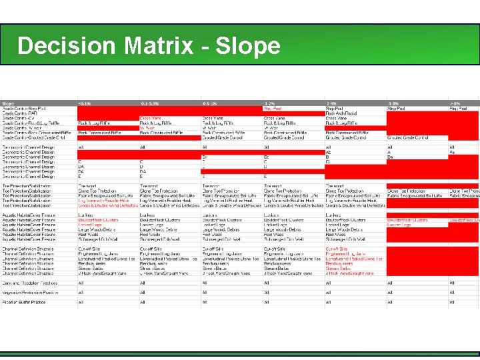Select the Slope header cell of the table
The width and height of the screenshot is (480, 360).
(9, 103)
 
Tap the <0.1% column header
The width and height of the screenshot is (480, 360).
(85, 103)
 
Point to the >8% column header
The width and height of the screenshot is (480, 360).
(455, 103)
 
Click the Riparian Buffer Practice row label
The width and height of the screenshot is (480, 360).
(26, 303)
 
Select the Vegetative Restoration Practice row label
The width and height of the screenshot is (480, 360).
(31, 293)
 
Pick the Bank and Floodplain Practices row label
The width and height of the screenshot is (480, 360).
(30, 283)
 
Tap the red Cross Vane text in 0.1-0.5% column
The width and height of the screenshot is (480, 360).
(151, 118)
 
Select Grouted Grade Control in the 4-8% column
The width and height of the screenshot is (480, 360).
(408, 137)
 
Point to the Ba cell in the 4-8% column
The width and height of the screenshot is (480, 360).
(391, 157)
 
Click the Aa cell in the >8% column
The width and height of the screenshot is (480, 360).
(453, 152)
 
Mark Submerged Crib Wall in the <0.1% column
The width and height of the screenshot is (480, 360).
(99, 239)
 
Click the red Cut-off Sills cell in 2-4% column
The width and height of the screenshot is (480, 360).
(337, 249)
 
